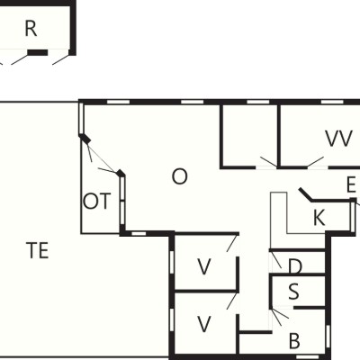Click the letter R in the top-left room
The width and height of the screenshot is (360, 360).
coord(31,29)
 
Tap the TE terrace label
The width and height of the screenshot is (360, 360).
coord(38,251)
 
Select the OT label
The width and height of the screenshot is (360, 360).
coord(96,202)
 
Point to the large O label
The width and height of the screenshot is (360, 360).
coord(180,176)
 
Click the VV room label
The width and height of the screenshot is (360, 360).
coord(338,139)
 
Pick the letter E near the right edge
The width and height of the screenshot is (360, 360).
coord(351,184)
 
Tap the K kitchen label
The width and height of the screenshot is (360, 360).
coord(319,218)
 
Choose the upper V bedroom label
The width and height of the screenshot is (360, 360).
coord(204,266)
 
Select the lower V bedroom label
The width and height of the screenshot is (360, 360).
coord(204,324)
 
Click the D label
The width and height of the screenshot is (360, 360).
coord(294,266)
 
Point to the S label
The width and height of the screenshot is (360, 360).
coord(293,292)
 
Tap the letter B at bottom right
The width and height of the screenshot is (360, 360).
coord(294,341)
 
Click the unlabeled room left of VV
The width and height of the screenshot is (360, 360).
coord(249,136)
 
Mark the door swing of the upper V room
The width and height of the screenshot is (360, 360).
coord(233,243)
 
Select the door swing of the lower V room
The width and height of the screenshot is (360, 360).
coord(232,301)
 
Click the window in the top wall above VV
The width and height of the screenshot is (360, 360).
coord(332,102)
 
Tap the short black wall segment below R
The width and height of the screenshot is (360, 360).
coord(38,53)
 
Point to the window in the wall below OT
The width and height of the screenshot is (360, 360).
coord(139,233)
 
